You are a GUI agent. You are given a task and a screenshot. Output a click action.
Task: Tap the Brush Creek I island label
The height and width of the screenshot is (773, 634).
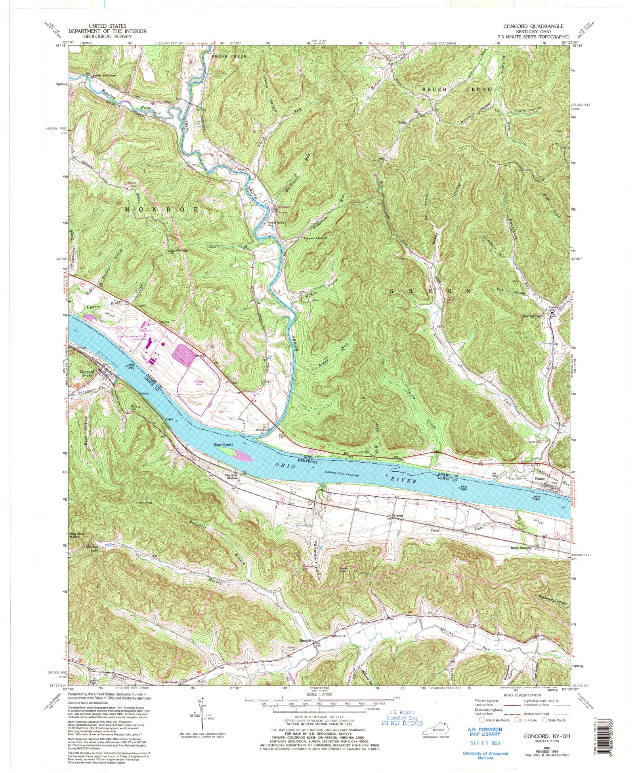click(x=224, y=445)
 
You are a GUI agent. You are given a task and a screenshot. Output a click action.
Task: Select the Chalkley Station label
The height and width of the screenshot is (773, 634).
click(x=232, y=476)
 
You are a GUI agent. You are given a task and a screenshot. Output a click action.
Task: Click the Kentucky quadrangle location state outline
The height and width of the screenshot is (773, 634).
click(x=437, y=730)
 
